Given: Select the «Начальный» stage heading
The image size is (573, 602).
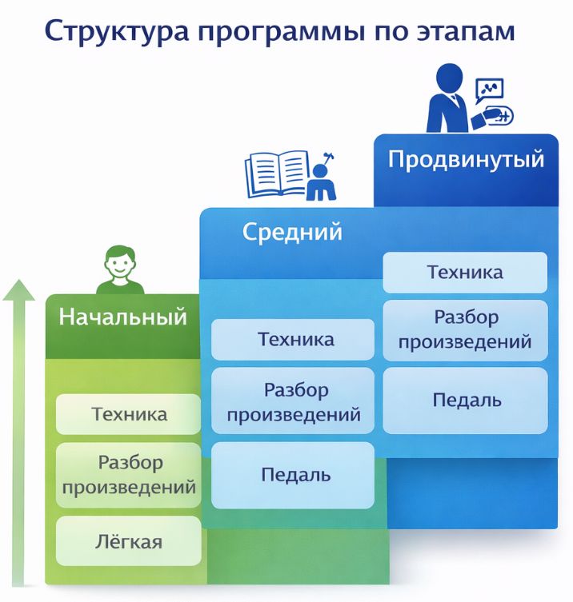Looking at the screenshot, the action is (x=123, y=317).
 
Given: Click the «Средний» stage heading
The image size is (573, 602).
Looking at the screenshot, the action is (x=292, y=232).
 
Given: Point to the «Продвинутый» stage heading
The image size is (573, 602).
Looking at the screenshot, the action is (x=466, y=159).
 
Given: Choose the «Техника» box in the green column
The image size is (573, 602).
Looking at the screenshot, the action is (x=129, y=414).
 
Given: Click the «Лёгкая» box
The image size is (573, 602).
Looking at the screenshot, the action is (x=129, y=541).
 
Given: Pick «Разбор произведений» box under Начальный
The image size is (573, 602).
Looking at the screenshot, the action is (x=129, y=475).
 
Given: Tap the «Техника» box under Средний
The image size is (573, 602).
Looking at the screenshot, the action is (x=293, y=340).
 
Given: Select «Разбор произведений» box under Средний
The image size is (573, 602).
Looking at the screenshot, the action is (x=293, y=401).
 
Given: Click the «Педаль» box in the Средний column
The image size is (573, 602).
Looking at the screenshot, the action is (x=293, y=476).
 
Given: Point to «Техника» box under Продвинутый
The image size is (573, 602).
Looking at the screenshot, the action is (x=465, y=272).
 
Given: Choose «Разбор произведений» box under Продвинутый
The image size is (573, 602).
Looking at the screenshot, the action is (x=465, y=330).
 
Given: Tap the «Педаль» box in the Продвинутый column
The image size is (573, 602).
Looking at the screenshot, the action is (x=465, y=401).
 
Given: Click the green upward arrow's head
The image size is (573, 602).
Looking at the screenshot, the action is (x=18, y=291).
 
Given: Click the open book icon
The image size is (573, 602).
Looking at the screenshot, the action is (x=277, y=175).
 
